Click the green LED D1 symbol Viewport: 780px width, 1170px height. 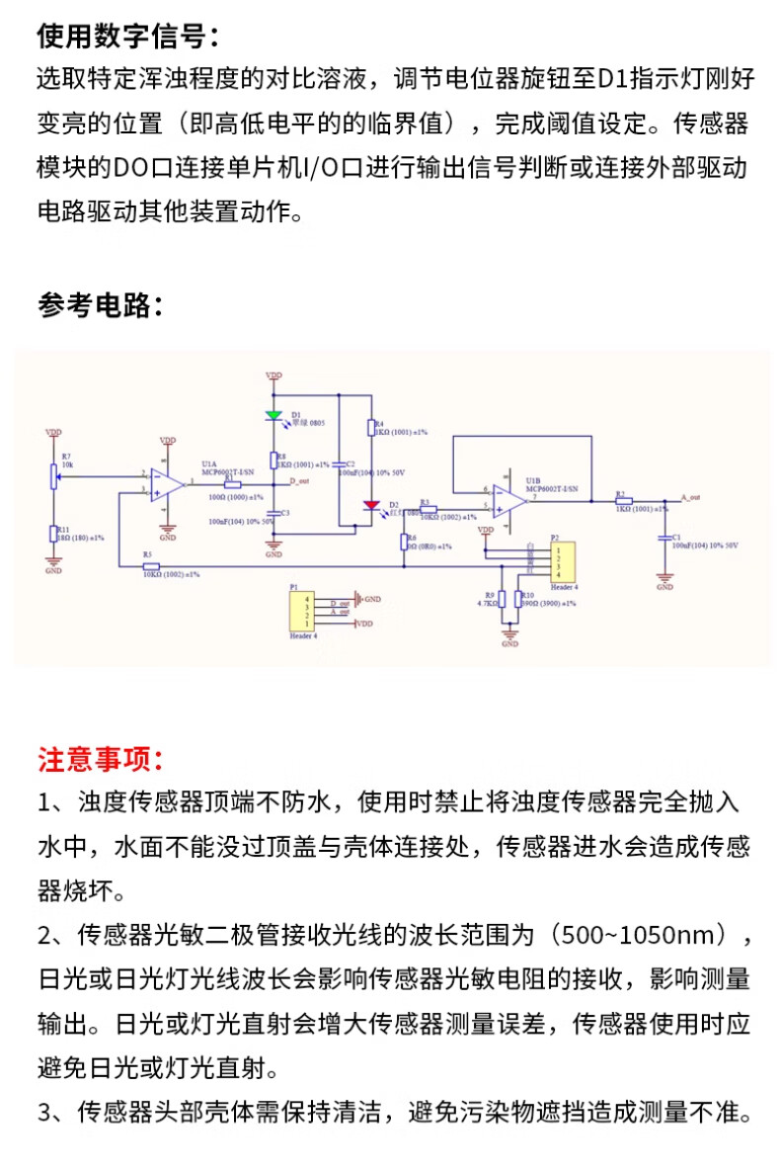pyautogui.click(x=273, y=416)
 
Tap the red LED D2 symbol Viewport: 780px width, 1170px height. pyautogui.click(x=371, y=506)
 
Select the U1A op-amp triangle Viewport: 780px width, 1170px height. pyautogui.click(x=168, y=485)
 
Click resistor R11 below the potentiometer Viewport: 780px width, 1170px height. pyautogui.click(x=53, y=534)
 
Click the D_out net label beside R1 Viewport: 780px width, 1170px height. pyautogui.click(x=299, y=481)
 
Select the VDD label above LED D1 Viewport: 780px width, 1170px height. pyautogui.click(x=273, y=376)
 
